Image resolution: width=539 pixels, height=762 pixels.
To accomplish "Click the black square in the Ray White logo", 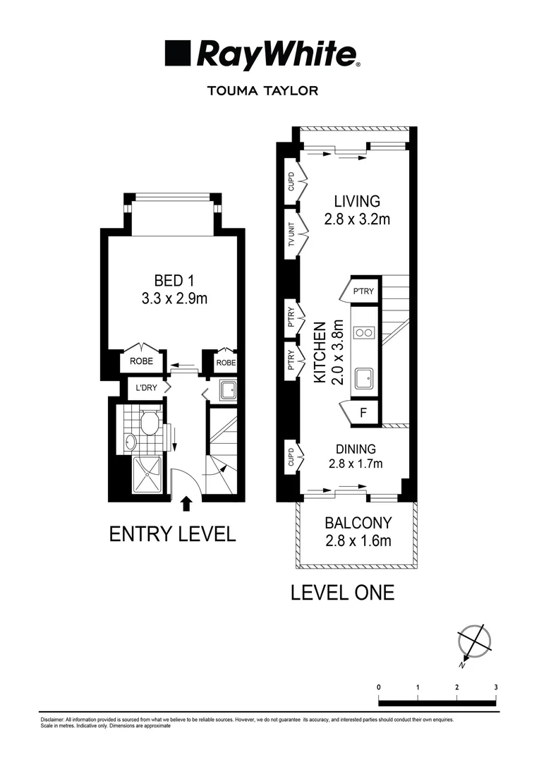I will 178,54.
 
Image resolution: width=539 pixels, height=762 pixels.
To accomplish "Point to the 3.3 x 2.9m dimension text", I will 174,298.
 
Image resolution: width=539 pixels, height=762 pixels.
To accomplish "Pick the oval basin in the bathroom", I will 131,442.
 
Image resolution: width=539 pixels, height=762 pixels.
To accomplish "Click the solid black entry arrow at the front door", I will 186,503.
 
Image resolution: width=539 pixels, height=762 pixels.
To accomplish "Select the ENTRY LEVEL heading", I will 172,534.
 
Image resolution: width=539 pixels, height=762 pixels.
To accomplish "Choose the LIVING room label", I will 357,202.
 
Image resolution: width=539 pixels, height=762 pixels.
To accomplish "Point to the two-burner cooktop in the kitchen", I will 365,332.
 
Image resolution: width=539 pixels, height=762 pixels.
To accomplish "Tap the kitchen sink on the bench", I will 365,379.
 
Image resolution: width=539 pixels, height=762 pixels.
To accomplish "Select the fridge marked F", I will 363,413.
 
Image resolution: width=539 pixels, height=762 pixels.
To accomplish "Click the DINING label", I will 356,448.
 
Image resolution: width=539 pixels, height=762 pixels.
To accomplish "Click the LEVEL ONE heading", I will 342,593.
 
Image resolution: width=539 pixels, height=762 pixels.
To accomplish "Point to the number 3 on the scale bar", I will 496,687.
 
